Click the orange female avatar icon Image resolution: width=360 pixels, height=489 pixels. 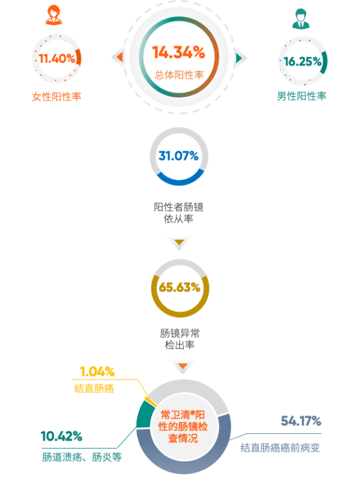[54, 15]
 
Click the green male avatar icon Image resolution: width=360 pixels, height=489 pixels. [301, 19]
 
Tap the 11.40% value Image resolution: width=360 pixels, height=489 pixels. [57, 58]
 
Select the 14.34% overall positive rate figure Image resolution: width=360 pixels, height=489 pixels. [179, 52]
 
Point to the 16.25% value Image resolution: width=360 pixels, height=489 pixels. [302, 61]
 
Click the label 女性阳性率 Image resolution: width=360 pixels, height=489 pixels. [56, 97]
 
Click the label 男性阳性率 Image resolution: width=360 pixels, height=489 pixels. [301, 96]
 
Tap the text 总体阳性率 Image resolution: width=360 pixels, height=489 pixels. [179, 75]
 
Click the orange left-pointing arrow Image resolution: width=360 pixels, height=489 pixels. [119, 58]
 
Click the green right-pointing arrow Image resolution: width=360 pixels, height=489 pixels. [239, 58]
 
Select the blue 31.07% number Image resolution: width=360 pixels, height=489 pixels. [179, 156]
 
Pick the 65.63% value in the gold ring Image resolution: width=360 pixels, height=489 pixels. [179, 287]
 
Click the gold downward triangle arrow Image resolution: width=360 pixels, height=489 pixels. [179, 242]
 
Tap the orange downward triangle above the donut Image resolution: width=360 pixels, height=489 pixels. [182, 366]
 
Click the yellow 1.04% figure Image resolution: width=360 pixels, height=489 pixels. [97, 372]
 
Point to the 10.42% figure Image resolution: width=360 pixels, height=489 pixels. [61, 436]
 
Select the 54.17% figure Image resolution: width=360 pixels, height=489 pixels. [301, 421]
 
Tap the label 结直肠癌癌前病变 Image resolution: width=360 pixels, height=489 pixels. [280, 448]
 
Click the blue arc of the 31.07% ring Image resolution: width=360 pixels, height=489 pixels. [179, 180]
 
